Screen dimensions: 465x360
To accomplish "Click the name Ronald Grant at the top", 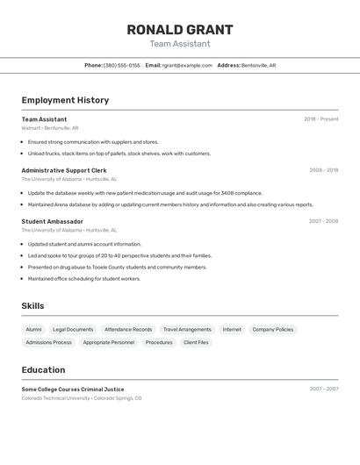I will coord(179,29).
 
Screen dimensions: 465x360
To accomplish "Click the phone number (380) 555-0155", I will coord(121,66).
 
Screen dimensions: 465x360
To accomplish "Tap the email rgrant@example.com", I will coord(187,66).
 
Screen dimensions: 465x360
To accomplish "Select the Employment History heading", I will coord(65,100).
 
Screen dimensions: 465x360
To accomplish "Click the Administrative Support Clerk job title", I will coord(64,170).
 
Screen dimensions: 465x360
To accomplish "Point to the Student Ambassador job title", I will coord(53,222).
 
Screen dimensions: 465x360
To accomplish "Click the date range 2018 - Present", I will coord(320,119).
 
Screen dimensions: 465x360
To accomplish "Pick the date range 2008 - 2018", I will coord(323,170).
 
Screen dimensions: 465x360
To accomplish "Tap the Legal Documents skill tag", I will coord(73,330).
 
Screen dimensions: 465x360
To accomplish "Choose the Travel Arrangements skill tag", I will coord(187,330).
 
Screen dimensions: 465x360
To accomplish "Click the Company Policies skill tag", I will coord(272,330).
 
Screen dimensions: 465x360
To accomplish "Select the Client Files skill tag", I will coord(196,342).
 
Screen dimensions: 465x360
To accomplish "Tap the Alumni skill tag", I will coord(33,330).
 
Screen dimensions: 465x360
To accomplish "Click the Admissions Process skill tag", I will coord(49,342).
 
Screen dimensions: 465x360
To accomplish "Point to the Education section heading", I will coord(43,370).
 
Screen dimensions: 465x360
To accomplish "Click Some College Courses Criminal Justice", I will coord(73,389).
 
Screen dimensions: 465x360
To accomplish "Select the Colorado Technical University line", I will coord(82,398).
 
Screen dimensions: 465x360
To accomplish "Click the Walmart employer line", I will coord(50,128).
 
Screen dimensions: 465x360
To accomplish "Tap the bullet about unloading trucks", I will coord(119,154).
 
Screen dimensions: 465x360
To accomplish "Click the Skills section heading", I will coord(32,306).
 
